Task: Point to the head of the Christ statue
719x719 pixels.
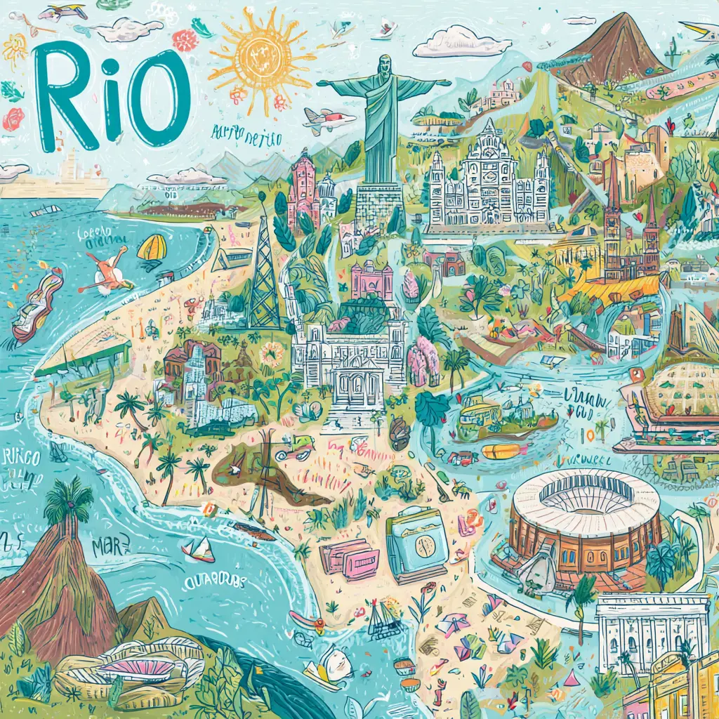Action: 383,65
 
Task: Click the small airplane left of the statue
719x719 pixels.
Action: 328,120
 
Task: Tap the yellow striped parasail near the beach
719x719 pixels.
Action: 152,248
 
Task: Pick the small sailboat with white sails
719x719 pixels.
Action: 199,550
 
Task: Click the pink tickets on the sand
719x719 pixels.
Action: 349,559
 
